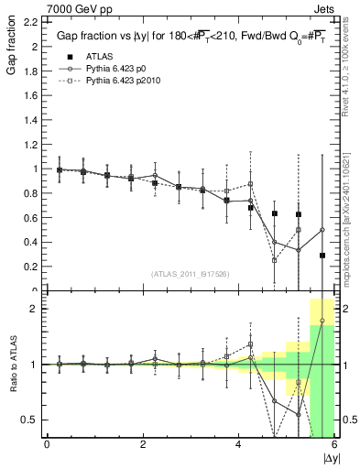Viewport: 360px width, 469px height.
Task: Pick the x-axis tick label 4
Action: coord(239,445)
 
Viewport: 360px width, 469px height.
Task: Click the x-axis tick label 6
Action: coord(334,445)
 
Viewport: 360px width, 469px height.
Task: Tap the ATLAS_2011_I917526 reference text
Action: coord(190,273)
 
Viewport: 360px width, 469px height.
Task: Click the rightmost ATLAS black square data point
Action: coord(322,256)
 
